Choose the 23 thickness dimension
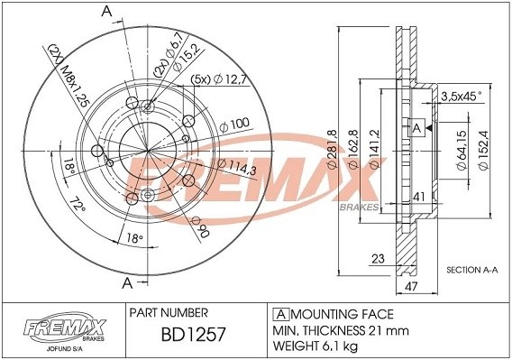point(379,259)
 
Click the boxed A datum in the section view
point(416,128)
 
